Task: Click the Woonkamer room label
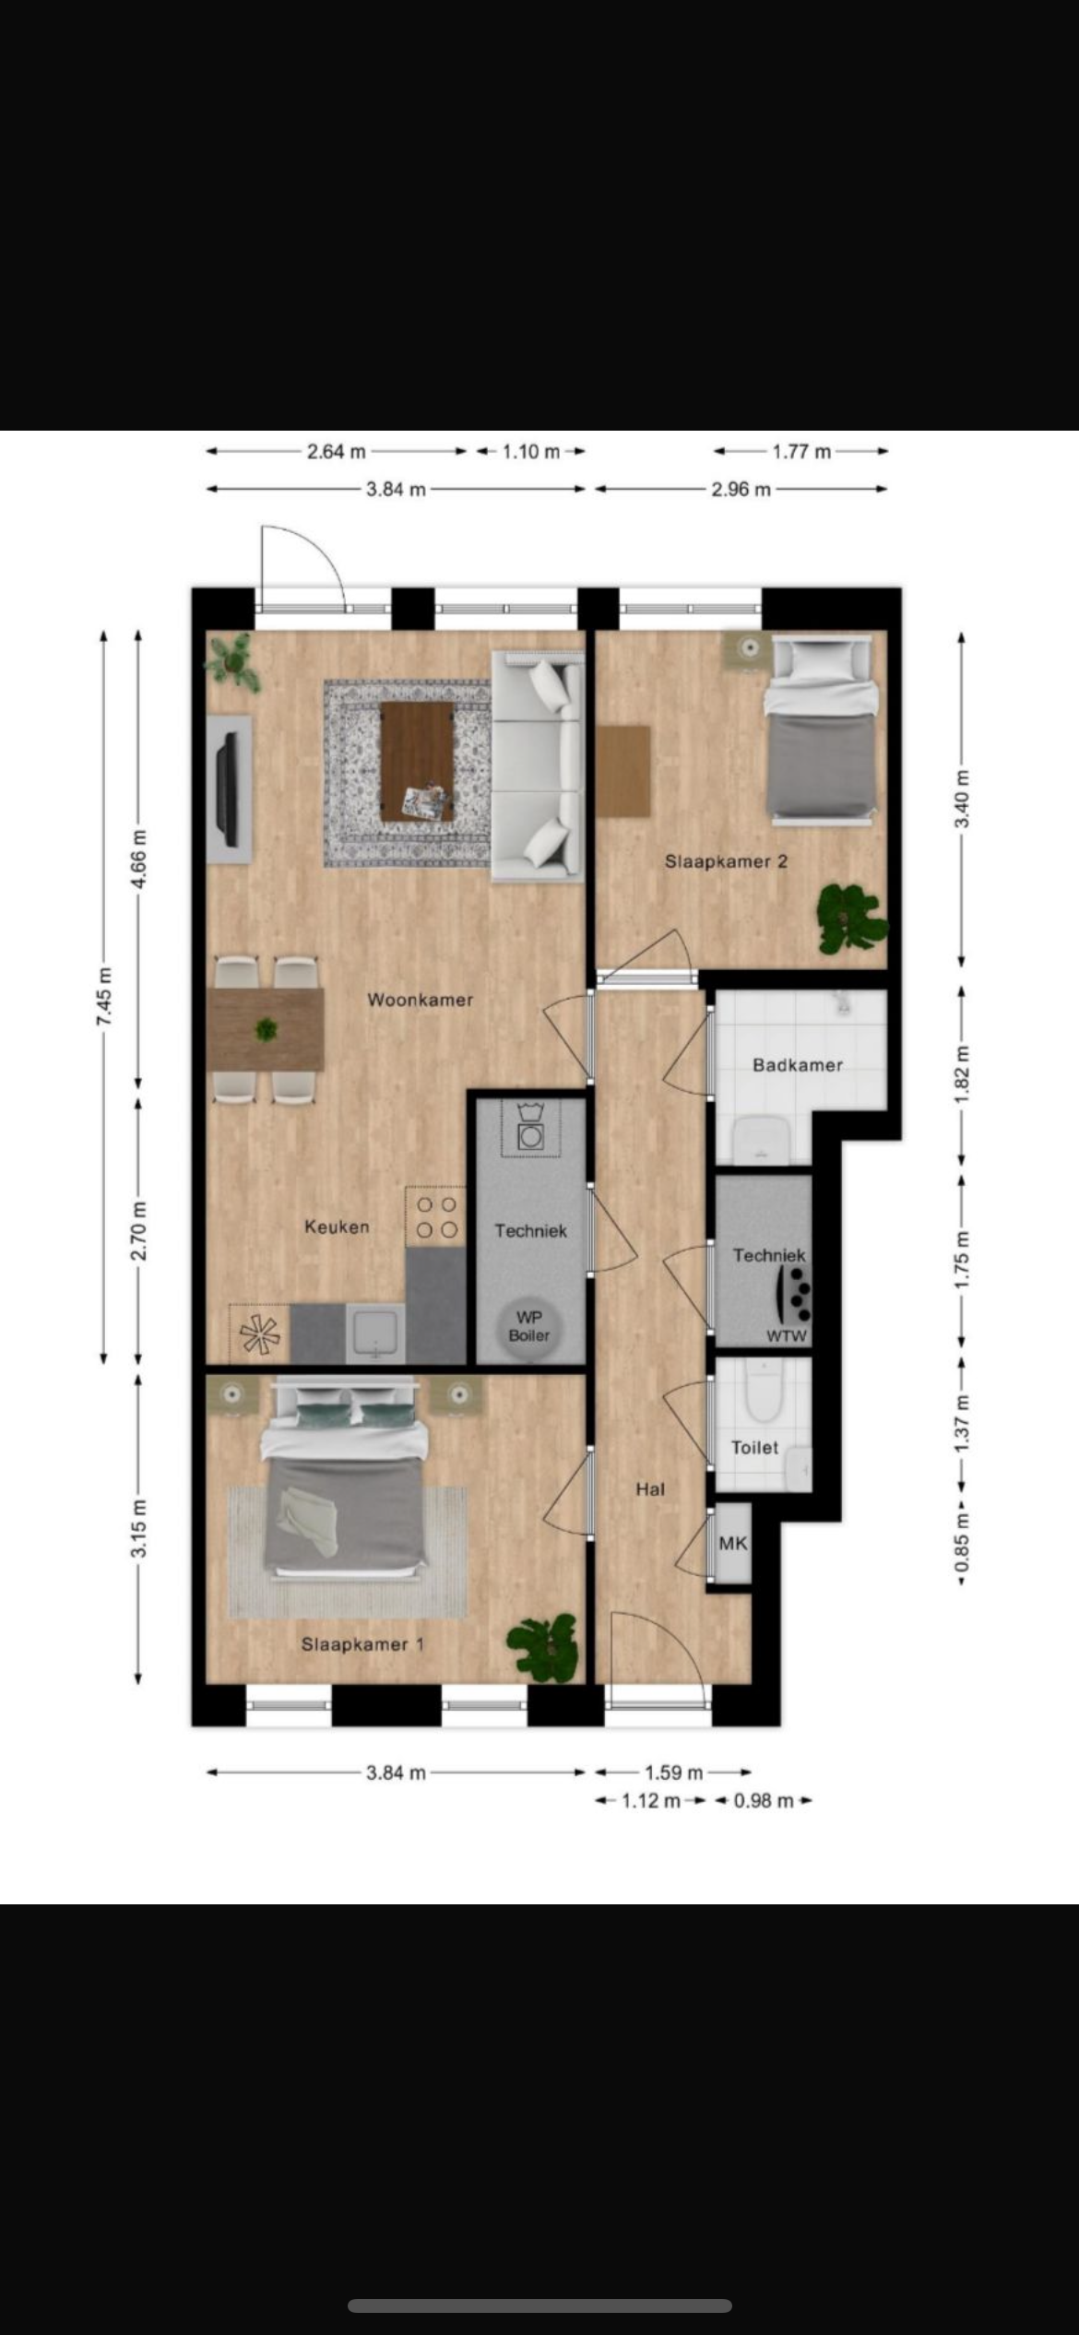(421, 1000)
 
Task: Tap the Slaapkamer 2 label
(727, 861)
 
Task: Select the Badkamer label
(798, 1065)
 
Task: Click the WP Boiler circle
(529, 1326)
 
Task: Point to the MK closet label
(733, 1543)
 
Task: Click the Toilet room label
(755, 1448)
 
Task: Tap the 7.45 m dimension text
(103, 997)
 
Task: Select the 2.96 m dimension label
(741, 490)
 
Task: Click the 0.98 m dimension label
(764, 1801)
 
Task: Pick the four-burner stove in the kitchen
(436, 1216)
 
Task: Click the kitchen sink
(375, 1333)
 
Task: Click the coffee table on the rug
(417, 761)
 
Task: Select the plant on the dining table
(267, 1028)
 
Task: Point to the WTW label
(787, 1336)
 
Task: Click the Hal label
(650, 1489)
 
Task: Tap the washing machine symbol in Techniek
(530, 1128)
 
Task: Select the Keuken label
(337, 1227)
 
